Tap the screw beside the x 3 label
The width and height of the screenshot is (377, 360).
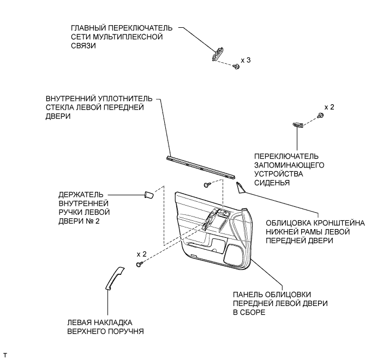point(236,66)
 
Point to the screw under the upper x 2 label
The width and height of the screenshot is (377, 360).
point(319,116)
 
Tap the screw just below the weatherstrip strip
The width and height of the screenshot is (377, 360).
point(206,185)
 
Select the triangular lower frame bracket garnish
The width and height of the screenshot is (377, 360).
point(241,188)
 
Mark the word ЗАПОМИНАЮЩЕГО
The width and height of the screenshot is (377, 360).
point(290,164)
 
